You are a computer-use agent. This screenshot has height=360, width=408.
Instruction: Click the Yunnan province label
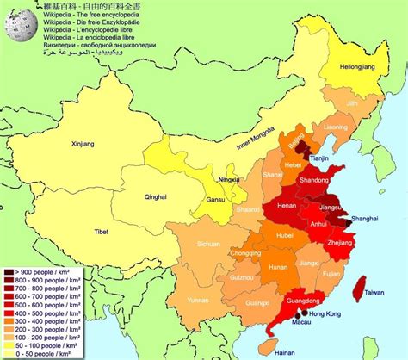[x=198, y=300]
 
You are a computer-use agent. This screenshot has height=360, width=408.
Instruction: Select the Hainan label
[x=273, y=352]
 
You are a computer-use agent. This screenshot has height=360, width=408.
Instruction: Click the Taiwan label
[x=374, y=293]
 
